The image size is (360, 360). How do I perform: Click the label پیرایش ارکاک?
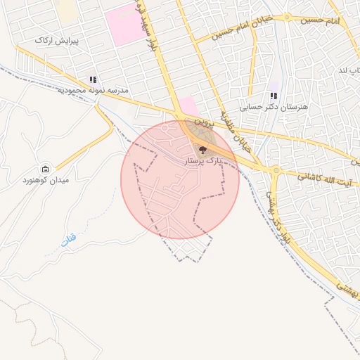click(57, 41)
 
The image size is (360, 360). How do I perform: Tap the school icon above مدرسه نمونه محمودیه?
click(93, 79)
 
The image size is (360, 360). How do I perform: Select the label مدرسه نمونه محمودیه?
click(82, 91)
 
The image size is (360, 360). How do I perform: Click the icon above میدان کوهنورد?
click(46, 169)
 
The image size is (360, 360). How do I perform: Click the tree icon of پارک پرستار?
click(203, 149)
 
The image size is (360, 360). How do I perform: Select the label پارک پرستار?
click(202, 161)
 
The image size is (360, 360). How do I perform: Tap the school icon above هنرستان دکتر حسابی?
click(274, 96)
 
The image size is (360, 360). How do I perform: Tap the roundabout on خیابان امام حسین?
click(288, 18)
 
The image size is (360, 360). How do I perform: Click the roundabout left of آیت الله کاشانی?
click(276, 170)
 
